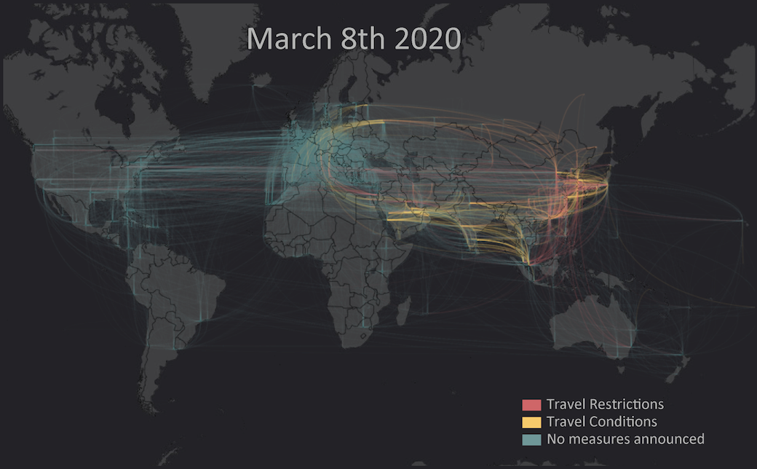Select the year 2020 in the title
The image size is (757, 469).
click(x=428, y=39)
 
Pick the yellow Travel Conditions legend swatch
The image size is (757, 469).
click(x=531, y=422)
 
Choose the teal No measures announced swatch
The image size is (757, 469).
click(x=531, y=440)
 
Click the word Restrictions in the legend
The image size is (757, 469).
click(x=626, y=404)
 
